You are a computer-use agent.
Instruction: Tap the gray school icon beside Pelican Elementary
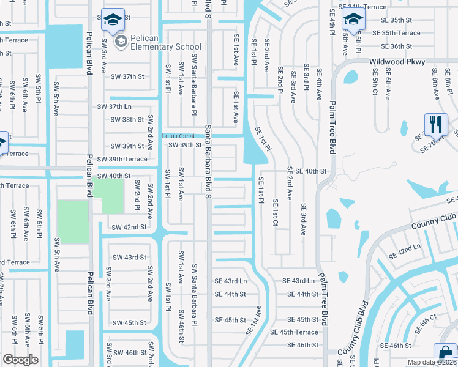[121, 42]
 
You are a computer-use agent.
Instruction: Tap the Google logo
[20, 359]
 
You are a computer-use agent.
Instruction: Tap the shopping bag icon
[445, 354]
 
